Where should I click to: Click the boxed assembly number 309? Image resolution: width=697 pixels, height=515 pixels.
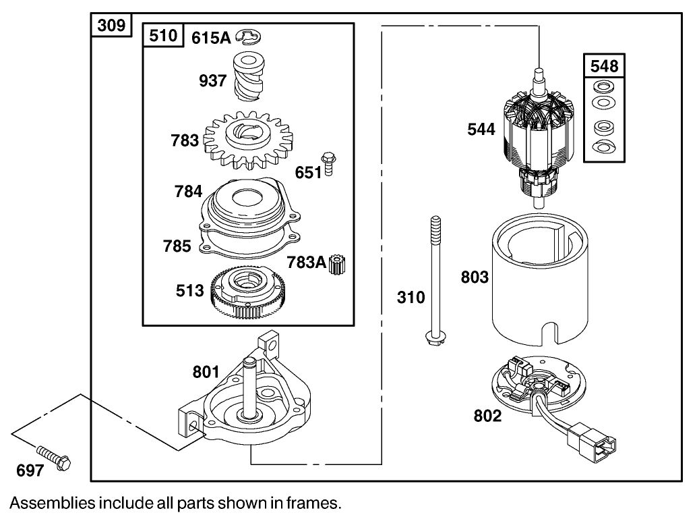pos(111,26)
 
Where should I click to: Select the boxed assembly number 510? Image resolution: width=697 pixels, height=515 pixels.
pos(162,35)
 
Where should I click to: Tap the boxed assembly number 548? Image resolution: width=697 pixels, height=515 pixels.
pos(604,66)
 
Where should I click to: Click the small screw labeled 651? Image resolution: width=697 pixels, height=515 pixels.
pos(330,164)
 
